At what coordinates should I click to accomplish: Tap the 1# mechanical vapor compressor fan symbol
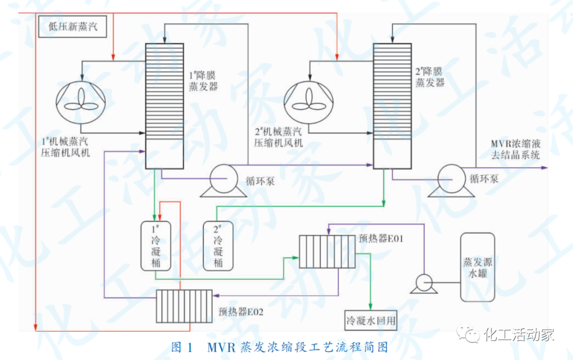tap(81, 99)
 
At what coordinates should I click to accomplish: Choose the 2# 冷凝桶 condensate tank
tap(219, 245)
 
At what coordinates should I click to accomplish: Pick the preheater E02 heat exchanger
tap(184, 306)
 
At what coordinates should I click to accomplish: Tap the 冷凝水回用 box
tap(370, 321)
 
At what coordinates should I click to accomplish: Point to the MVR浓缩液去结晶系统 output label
tap(515, 149)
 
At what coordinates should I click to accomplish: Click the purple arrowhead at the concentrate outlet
tap(544, 167)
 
